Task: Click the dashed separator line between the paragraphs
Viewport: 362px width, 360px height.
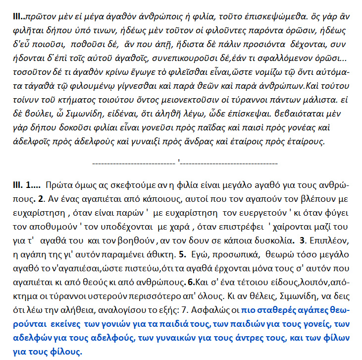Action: tap(185, 162)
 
